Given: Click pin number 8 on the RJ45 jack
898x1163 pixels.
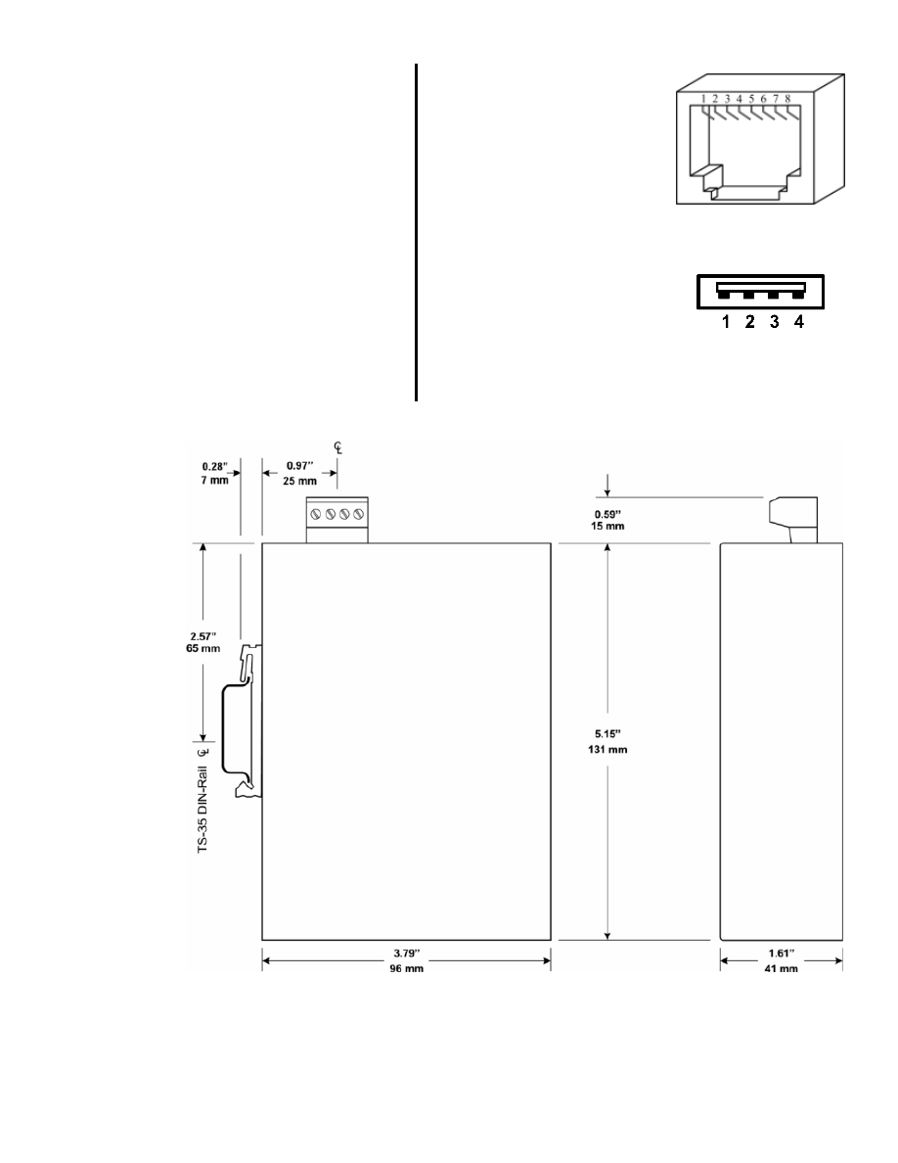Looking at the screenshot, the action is [787, 99].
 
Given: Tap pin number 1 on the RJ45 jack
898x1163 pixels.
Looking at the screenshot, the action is [703, 99].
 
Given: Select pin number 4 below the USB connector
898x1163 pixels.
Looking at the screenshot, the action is [799, 322].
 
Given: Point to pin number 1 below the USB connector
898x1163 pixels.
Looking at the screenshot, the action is [726, 322].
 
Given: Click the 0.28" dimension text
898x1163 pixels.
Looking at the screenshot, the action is [215, 467].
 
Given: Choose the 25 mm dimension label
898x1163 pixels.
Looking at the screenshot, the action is [299, 481].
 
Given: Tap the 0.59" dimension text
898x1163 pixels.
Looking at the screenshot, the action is [607, 513].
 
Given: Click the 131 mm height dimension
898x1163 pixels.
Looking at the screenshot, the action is [607, 749].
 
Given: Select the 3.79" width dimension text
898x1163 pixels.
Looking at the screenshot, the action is [407, 954].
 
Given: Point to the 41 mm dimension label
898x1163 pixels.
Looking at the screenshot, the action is [781, 968].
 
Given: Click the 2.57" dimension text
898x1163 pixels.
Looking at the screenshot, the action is [202, 635].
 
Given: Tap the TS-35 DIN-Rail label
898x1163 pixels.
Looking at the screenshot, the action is [202, 810].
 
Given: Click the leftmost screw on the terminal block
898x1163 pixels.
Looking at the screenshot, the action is [316, 513].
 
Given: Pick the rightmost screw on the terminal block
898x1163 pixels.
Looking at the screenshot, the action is [359, 513].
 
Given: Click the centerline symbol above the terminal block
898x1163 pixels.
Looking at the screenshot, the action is [337, 447].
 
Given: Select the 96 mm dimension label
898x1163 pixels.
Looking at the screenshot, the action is [407, 968].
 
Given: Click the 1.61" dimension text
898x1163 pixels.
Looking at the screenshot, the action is [781, 954].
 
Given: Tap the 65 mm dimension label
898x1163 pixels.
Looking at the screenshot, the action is [202, 648].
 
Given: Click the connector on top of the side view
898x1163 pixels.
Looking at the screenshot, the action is [792, 520].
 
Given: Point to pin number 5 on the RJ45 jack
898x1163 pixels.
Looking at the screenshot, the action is [751, 99].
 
